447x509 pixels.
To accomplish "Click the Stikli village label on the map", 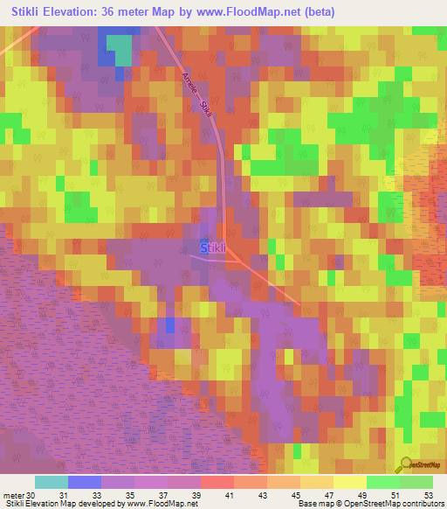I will pyautogui.click(x=214, y=248).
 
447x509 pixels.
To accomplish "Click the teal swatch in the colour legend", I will pyautogui.click(x=52, y=482).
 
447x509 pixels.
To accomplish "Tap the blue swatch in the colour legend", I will pyautogui.click(x=85, y=482).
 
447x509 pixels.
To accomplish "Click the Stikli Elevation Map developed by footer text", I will pyautogui.click(x=61, y=504).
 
